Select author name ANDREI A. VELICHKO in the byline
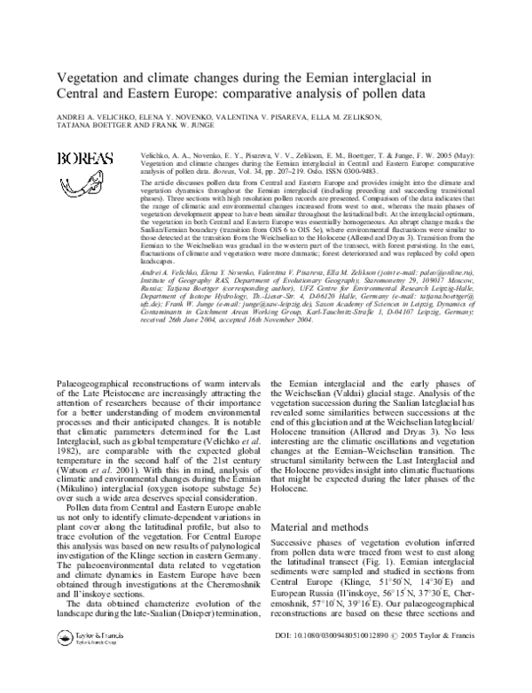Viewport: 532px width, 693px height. click(x=98, y=117)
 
